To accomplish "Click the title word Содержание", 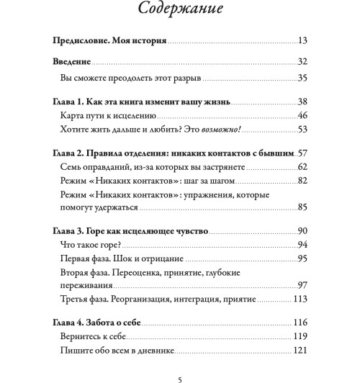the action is click(179, 11).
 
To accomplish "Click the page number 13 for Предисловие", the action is click(302, 40).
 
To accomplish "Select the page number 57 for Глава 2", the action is click(302, 153).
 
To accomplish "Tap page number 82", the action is click(302, 181).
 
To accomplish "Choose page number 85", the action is click(302, 208).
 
